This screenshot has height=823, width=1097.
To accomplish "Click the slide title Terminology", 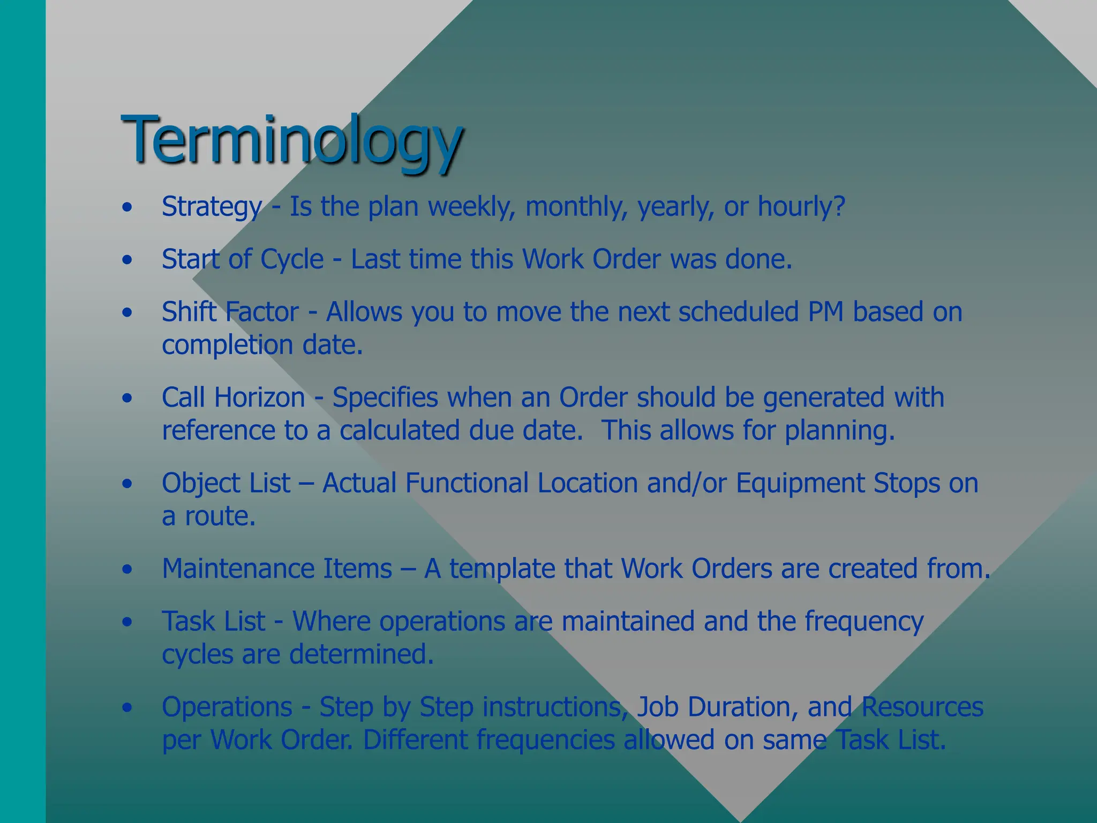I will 292,140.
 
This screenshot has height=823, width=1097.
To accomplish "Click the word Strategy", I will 212,207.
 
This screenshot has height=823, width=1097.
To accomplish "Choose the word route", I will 220,517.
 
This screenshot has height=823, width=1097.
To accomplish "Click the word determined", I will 361,654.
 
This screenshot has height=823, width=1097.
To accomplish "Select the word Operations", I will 227,707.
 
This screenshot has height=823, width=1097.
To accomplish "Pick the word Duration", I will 739,707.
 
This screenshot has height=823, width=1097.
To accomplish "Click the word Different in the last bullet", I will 415,740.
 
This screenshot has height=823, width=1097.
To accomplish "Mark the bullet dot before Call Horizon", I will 127,398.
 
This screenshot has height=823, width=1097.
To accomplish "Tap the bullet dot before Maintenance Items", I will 127,569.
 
